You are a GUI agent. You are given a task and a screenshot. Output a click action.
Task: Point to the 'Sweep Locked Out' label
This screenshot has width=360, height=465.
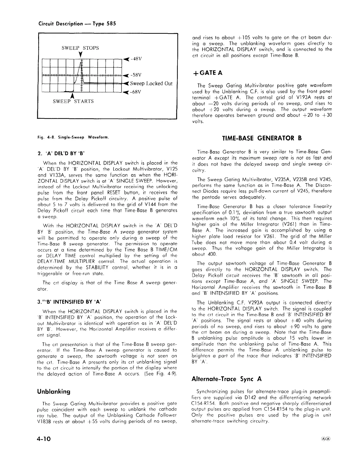[x=151, y=83]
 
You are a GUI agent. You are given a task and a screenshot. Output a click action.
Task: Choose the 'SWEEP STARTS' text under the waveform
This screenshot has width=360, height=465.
[x=73, y=102]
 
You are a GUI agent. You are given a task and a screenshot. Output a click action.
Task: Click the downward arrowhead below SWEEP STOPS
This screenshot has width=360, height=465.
[x=80, y=55]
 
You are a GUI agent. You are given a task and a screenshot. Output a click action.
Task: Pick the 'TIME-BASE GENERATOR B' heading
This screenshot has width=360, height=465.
[x=262, y=138]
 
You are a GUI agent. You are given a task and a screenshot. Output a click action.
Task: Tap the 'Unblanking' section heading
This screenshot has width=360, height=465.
[x=54, y=392]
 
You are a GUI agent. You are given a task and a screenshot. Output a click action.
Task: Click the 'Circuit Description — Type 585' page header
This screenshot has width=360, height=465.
[x=77, y=23]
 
